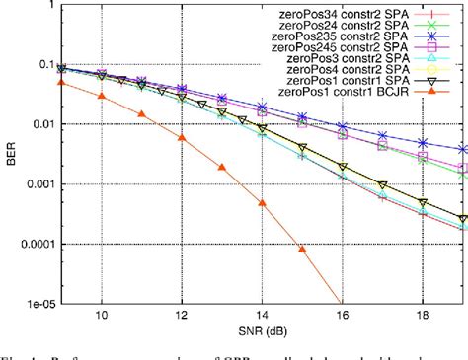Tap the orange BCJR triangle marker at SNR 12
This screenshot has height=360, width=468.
181,137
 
